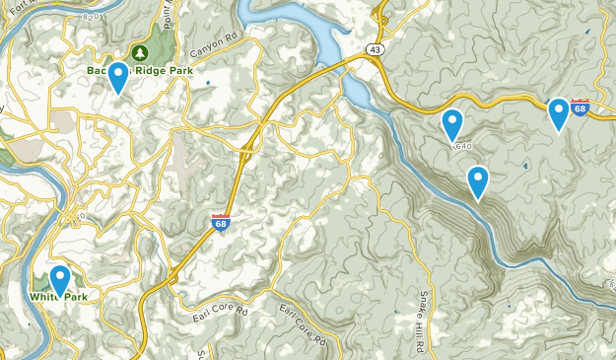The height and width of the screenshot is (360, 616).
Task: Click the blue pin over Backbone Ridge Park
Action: click(118, 75)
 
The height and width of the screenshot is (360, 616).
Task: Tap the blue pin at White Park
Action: click(60, 279)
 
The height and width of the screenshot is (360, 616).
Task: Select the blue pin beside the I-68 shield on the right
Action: click(558, 111)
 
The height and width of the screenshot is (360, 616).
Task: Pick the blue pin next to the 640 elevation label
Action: click(452, 123)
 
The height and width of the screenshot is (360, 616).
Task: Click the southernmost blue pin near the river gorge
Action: click(478, 180)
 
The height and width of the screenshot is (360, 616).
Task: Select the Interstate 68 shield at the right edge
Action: click(582, 108)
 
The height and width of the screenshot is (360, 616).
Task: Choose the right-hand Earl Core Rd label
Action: click(302, 325)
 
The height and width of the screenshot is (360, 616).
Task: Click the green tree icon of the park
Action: click(139, 52)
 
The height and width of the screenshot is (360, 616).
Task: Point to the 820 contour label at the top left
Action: click(92, 17)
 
